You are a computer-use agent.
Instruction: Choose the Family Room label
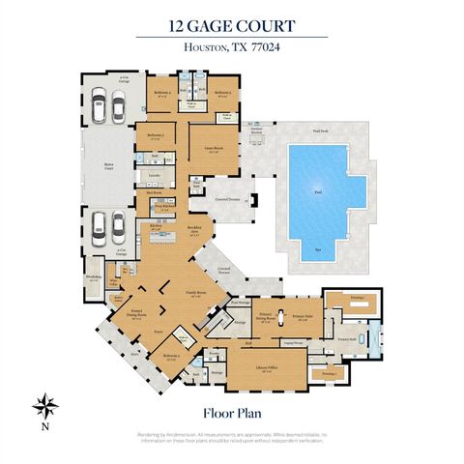point(200,294)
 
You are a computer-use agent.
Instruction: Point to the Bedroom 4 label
point(162,94)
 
